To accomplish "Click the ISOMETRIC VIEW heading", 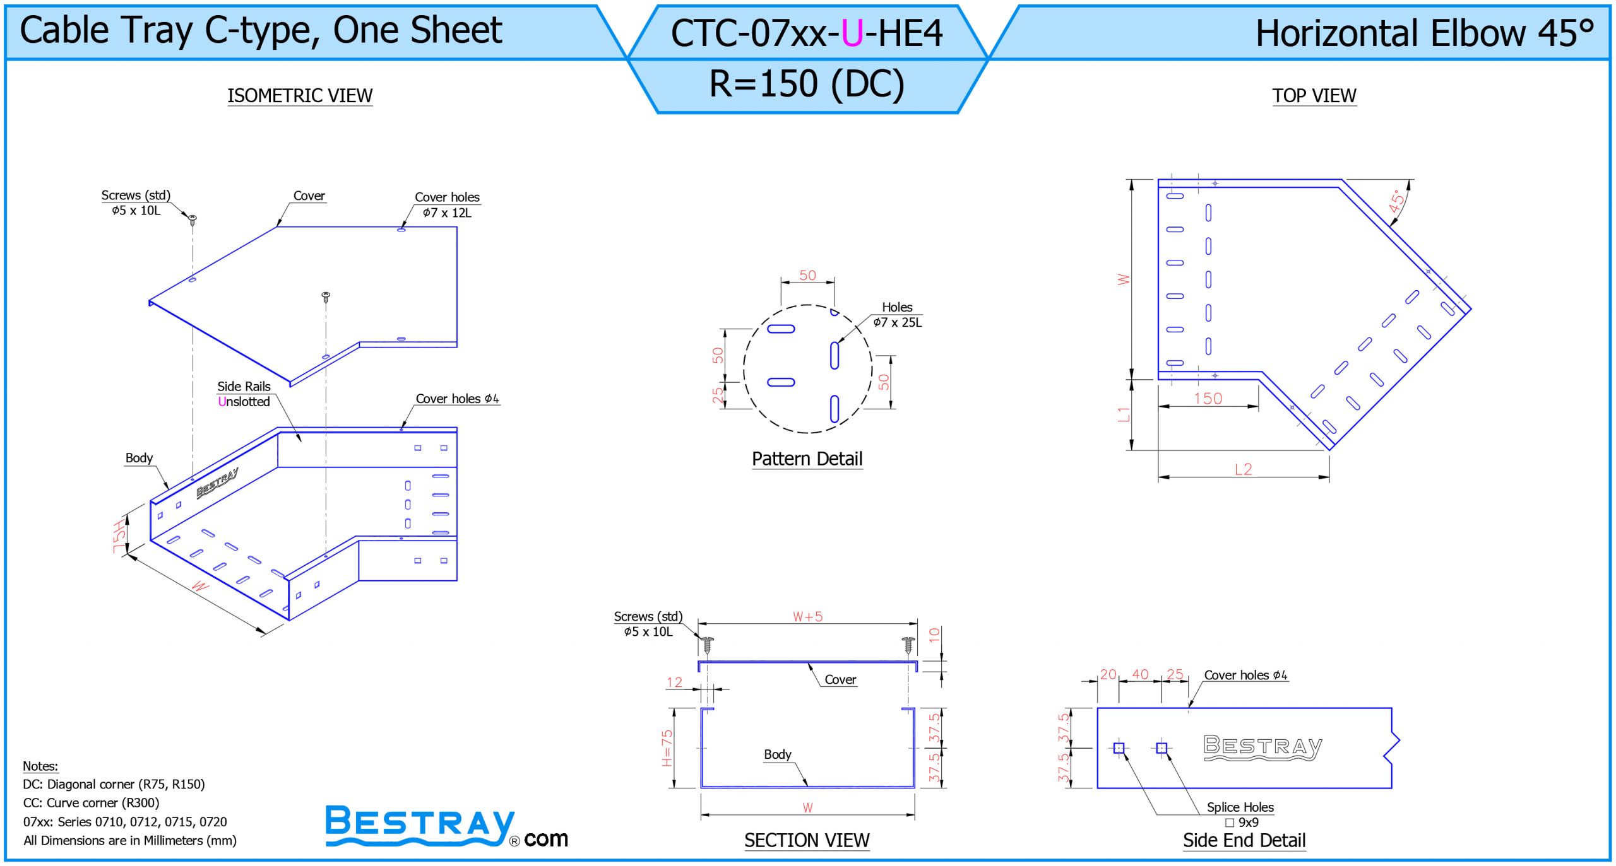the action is pos(300,96).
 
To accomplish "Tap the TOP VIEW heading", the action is pos(1314,96).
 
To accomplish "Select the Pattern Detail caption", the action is pos(807,459).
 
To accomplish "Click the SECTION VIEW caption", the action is pos(807,840).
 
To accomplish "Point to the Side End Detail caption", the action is pos(1244,840).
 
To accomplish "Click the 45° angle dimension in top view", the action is pos(1398,201).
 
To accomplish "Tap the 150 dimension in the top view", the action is pos(1208,399).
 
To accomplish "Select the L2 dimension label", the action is pos(1243,469).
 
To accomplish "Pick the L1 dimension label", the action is pos(1123,414).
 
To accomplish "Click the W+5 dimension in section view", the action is pos(807,616).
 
